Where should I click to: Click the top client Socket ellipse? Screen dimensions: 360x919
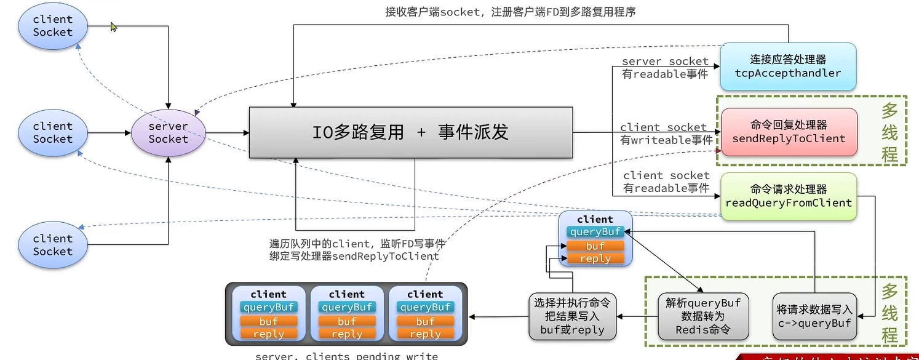[53, 26]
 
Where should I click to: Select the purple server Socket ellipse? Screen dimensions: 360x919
[168, 133]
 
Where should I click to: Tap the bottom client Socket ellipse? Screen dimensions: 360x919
[53, 245]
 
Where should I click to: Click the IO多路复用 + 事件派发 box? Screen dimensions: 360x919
[410, 132]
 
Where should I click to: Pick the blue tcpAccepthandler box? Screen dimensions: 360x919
[787, 66]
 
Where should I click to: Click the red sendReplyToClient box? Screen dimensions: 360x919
[789, 132]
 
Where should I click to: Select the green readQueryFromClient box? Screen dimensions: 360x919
[789, 196]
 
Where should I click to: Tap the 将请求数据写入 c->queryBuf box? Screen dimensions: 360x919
[814, 316]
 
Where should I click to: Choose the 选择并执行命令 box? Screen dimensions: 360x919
[573, 316]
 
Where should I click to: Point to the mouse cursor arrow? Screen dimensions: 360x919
[113, 26]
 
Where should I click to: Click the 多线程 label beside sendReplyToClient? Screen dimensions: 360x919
[889, 132]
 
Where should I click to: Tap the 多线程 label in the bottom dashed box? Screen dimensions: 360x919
[889, 313]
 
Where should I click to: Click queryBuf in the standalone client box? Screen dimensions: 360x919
[595, 232]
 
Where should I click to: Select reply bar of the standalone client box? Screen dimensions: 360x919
[595, 258]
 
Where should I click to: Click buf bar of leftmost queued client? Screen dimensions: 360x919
[268, 321]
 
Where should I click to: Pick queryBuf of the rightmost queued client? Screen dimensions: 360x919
[425, 307]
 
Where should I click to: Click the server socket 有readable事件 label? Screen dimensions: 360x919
[665, 68]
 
